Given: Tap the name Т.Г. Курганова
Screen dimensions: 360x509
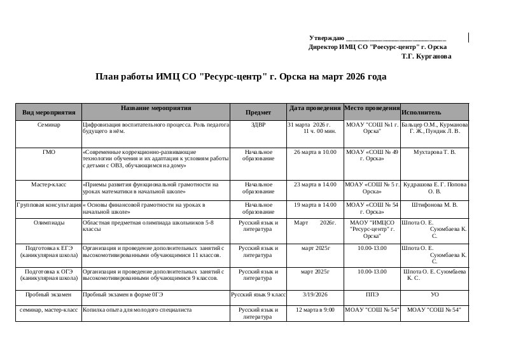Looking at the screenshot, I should [x=426, y=57].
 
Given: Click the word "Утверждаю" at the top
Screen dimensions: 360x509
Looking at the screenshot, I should [x=326, y=39].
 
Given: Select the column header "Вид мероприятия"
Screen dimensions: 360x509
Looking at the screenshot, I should [x=49, y=112].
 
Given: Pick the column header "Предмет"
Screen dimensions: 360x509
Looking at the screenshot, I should [x=258, y=112].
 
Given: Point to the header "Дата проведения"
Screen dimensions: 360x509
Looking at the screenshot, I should [x=315, y=107].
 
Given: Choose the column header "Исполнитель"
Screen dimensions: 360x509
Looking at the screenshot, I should [x=421, y=112].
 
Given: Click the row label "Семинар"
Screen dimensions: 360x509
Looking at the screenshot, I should [x=49, y=125].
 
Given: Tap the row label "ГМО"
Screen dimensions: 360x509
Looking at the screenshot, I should [x=49, y=153].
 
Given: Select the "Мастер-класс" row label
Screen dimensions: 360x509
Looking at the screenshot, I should [x=49, y=184].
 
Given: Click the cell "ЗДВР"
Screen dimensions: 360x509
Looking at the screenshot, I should [x=258, y=125].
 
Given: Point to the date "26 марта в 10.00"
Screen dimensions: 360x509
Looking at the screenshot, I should [x=315, y=153].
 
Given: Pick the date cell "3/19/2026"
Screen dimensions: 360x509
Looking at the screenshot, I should [x=315, y=295].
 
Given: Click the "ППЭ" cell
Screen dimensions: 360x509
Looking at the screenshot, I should [x=372, y=295].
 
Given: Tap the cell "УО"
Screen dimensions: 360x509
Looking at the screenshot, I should [x=435, y=295].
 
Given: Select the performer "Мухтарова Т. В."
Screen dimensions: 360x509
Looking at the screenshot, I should [x=435, y=153].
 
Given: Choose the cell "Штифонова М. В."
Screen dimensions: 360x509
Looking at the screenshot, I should [x=435, y=205].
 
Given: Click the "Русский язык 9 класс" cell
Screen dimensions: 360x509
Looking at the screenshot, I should [x=258, y=295].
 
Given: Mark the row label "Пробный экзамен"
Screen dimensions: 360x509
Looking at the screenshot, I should [x=49, y=295].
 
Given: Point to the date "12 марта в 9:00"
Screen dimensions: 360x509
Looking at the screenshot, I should [x=315, y=310].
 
